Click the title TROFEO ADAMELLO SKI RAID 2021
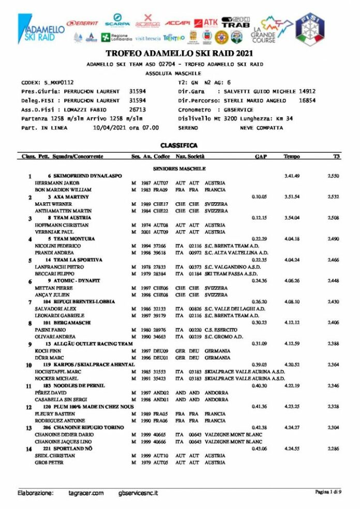click(179, 53)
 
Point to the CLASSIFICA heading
click(179, 145)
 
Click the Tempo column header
click(292, 156)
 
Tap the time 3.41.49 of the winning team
click(292, 176)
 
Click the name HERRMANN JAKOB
click(56, 183)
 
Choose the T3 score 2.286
click(333, 447)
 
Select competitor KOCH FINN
click(48, 350)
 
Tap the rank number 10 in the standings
click(29, 365)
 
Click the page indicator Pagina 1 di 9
click(328, 492)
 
